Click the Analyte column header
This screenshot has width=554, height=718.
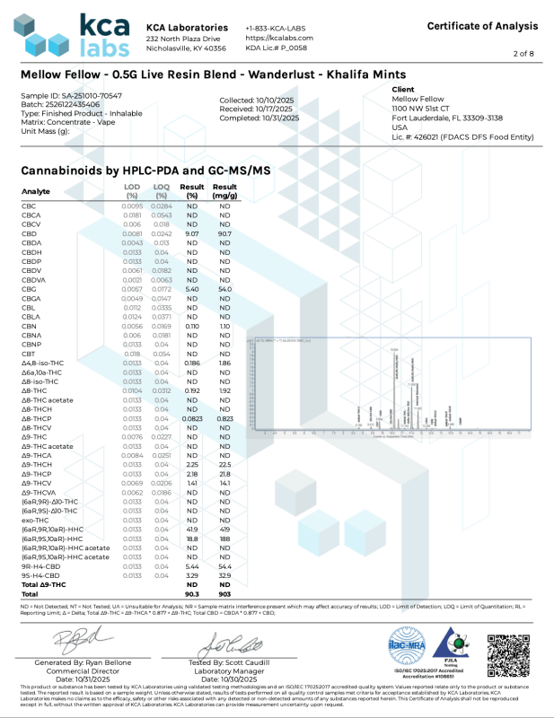click(36, 191)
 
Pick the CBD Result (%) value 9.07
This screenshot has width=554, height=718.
click(191, 234)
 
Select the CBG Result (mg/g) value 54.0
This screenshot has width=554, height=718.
click(224, 290)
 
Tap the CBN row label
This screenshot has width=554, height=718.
click(29, 328)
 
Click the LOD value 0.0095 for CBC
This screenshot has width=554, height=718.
click(132, 206)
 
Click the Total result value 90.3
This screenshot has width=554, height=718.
click(191, 593)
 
